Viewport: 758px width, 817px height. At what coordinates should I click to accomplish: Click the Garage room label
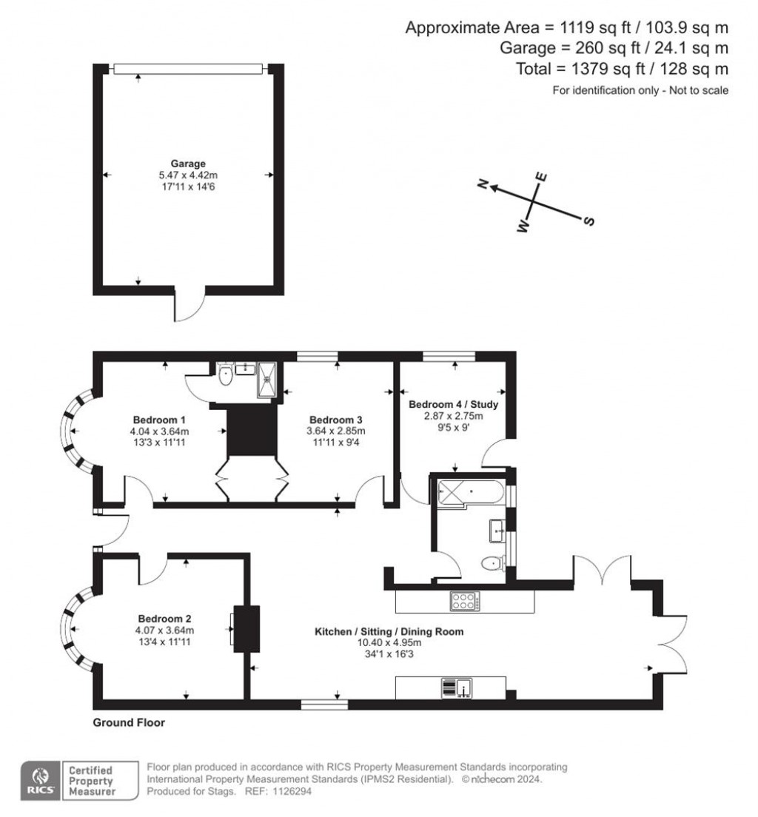(187, 164)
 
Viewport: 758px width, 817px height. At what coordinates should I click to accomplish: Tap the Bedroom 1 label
(160, 420)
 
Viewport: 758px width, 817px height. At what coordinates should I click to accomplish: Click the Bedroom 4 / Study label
(453, 405)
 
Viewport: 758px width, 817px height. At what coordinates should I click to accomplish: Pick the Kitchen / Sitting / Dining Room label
(389, 632)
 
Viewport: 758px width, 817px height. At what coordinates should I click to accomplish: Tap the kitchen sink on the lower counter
(464, 687)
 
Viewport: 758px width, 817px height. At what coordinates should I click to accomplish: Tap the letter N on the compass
(483, 184)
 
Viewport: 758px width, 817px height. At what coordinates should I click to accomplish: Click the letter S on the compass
(590, 221)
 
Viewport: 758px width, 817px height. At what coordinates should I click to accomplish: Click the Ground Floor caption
(129, 723)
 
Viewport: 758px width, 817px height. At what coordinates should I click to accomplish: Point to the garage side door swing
(189, 308)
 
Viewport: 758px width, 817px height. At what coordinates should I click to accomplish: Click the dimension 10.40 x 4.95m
(389, 643)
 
